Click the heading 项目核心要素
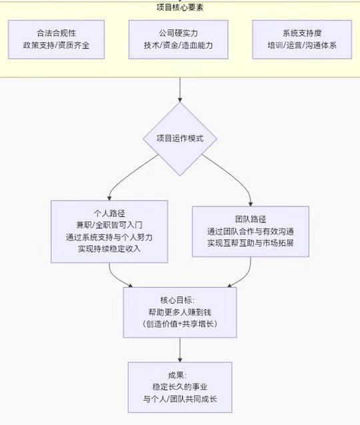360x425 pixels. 180,7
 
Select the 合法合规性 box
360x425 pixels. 56,39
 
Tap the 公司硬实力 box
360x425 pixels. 178,39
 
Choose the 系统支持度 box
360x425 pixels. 302,39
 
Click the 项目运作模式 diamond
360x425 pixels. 180,139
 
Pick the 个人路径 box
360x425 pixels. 109,231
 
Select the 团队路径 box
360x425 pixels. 251,231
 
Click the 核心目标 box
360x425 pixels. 180,312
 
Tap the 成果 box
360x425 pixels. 180,387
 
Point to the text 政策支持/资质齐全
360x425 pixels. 56,45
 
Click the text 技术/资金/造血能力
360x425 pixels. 178,45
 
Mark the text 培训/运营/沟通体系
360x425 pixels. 302,45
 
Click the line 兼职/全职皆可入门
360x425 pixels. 109,225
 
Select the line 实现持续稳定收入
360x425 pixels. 109,248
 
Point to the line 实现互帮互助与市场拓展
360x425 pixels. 251,243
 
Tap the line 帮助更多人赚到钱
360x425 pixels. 180,312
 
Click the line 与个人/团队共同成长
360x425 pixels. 180,399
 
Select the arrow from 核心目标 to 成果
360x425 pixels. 180,350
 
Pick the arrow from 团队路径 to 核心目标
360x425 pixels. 245,277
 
